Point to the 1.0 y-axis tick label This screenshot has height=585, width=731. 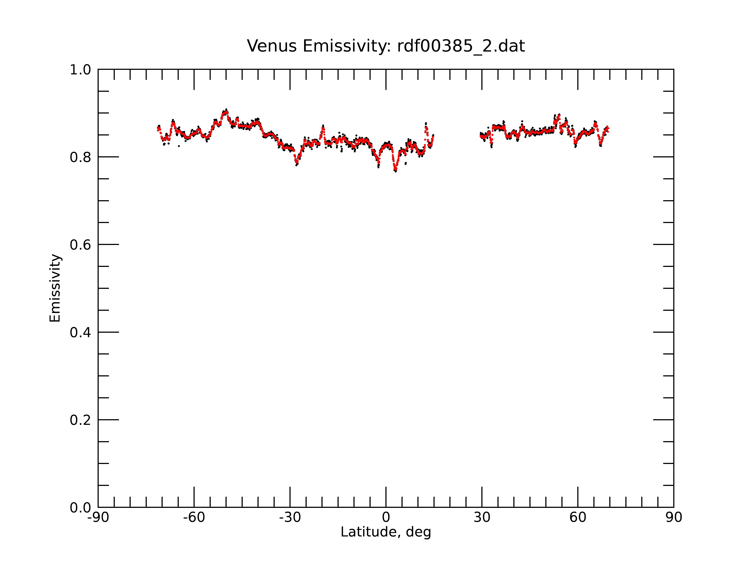click(x=80, y=70)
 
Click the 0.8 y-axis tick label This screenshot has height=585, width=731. click(x=80, y=157)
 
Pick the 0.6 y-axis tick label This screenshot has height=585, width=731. click(x=80, y=245)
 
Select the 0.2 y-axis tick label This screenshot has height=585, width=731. click(x=80, y=420)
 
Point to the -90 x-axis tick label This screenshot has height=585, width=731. click(x=98, y=518)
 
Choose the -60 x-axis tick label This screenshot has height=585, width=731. click(x=194, y=518)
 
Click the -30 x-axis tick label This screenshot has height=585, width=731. click(x=290, y=518)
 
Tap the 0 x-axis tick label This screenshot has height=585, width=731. click(x=386, y=518)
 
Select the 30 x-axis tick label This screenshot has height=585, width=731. click(x=482, y=518)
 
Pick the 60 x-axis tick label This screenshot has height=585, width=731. click(x=578, y=518)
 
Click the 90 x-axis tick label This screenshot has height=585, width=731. click(x=674, y=518)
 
